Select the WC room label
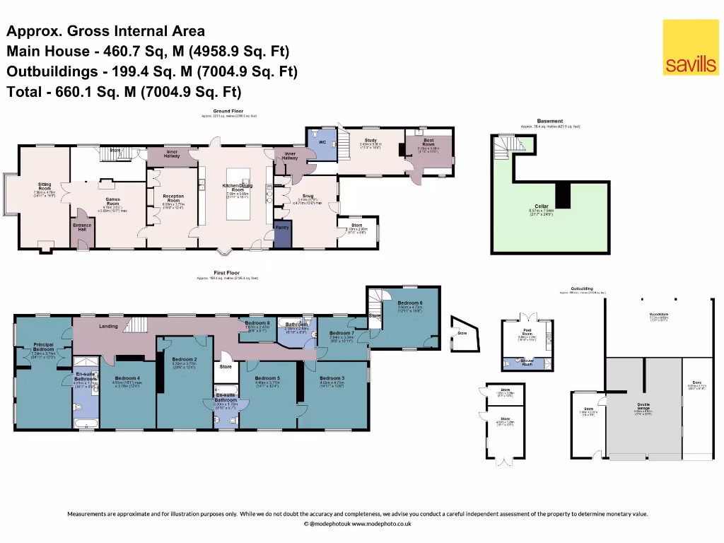[322, 141]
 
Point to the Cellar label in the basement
[542, 206]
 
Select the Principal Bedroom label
[43, 347]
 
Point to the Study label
[370, 141]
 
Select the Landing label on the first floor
[108, 326]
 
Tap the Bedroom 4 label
[127, 378]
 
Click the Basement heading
[550, 122]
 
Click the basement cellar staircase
[506, 148]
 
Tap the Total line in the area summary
[124, 91]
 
